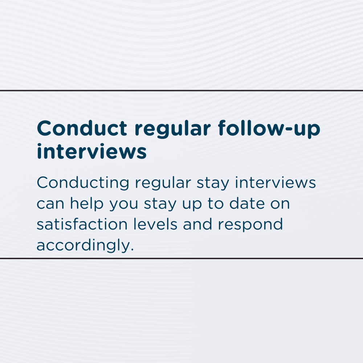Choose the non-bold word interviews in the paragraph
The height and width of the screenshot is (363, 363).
(x=276, y=182)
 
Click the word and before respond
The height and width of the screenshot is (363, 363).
(x=197, y=224)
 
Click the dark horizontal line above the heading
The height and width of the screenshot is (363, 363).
(x=181, y=90)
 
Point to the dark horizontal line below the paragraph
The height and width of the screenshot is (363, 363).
(x=181, y=258)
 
